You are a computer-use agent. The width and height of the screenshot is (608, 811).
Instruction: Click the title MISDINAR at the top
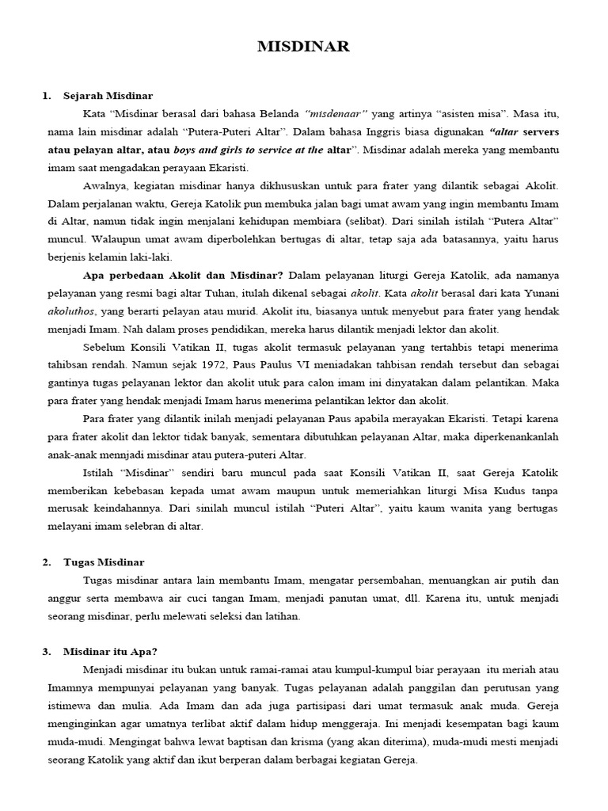(303, 48)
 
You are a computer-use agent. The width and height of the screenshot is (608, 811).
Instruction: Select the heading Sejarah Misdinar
(108, 96)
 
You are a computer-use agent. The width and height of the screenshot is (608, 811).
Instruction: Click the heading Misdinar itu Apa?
(110, 652)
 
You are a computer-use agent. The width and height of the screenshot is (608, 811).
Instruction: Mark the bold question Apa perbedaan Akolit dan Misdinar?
(184, 276)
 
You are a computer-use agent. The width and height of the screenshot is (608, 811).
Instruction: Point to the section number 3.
(46, 652)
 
